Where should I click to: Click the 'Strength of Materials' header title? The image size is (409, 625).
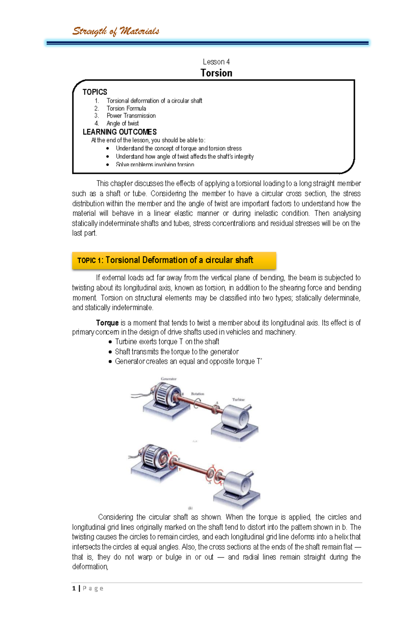[116, 31]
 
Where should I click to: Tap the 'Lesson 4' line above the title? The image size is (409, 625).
[216, 62]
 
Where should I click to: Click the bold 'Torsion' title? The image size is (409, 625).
[216, 73]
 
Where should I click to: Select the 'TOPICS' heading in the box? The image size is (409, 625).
[95, 92]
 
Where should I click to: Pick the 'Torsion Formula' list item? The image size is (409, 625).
[126, 108]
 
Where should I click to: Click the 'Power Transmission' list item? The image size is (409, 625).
[131, 116]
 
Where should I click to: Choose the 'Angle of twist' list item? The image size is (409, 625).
[122, 123]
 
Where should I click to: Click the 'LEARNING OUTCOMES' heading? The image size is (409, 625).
[120, 132]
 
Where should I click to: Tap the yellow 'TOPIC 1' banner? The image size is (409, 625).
[174, 261]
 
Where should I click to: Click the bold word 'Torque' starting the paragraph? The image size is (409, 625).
[107, 323]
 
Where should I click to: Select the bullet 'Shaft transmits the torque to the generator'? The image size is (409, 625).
[177, 351]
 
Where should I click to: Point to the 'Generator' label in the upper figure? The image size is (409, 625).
[168, 379]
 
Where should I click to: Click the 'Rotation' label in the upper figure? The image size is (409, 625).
[197, 394]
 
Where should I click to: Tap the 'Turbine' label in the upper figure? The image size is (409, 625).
[238, 400]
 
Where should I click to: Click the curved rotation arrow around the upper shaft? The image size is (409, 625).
[196, 403]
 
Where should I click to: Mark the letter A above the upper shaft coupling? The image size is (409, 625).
[217, 403]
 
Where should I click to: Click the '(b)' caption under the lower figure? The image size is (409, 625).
[191, 508]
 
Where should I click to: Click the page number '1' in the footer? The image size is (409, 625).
[74, 588]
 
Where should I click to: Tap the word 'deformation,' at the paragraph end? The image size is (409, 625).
[90, 567]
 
